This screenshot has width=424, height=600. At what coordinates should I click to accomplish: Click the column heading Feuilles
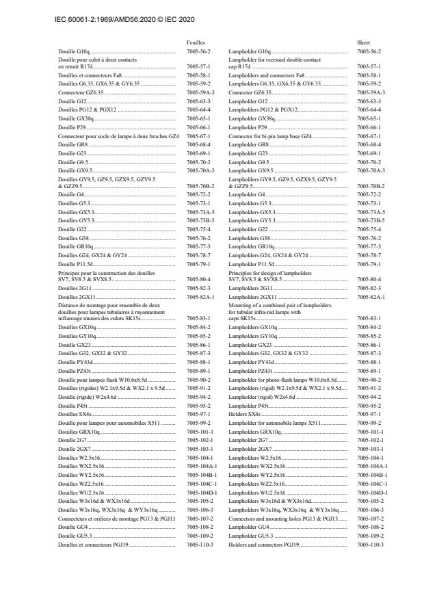(x=196, y=42)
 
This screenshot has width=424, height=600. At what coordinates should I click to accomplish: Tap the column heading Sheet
(x=363, y=42)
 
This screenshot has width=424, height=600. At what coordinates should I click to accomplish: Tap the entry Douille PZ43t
(x=74, y=370)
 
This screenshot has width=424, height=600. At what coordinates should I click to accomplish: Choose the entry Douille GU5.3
(x=72, y=536)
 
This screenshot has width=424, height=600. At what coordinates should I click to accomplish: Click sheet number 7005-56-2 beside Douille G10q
(x=199, y=51)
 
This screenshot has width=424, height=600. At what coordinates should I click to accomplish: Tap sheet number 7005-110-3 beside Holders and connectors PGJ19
(x=371, y=545)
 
